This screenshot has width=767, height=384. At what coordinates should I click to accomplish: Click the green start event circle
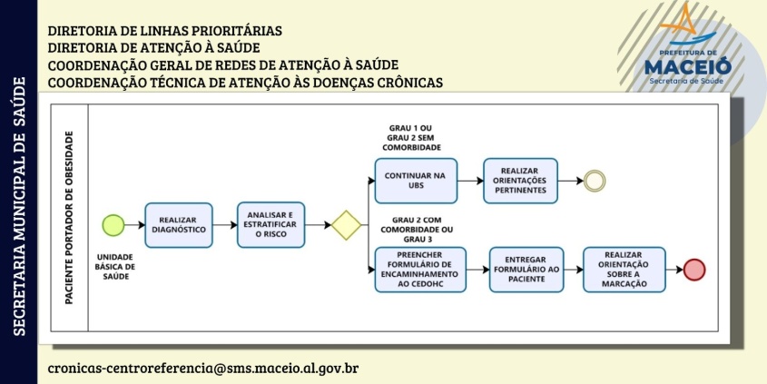(x=113, y=225)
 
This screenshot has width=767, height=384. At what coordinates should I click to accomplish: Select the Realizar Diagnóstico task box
(x=179, y=225)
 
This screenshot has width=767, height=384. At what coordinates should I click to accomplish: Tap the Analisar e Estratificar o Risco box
(x=271, y=225)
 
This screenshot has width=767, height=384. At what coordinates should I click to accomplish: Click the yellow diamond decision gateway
(x=347, y=225)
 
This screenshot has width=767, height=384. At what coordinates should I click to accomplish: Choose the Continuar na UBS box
(x=416, y=181)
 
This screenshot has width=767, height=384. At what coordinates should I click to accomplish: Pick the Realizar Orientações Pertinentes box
(x=520, y=181)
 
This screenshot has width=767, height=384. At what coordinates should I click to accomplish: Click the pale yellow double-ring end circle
(x=595, y=181)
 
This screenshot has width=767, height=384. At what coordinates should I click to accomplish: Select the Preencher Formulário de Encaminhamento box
(x=420, y=270)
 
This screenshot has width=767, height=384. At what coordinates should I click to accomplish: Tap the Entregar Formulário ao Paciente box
(x=526, y=270)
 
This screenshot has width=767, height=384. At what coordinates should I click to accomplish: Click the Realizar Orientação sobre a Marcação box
(x=624, y=270)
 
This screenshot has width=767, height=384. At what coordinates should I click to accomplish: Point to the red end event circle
(x=694, y=270)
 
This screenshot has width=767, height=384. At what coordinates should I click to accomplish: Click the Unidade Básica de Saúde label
(x=115, y=267)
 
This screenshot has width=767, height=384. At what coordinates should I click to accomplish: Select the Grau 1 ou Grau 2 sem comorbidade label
(x=411, y=137)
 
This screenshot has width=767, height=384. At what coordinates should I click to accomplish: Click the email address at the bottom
(x=203, y=368)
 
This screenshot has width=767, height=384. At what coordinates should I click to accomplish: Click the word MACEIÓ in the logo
(x=688, y=66)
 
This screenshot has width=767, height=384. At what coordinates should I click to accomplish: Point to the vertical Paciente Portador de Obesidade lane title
(x=69, y=217)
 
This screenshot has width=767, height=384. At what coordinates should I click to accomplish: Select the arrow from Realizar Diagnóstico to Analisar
(x=225, y=225)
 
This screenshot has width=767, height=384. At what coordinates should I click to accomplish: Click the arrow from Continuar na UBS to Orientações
(x=470, y=181)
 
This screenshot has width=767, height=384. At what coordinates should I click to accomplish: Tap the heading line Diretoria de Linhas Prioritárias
(x=165, y=30)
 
